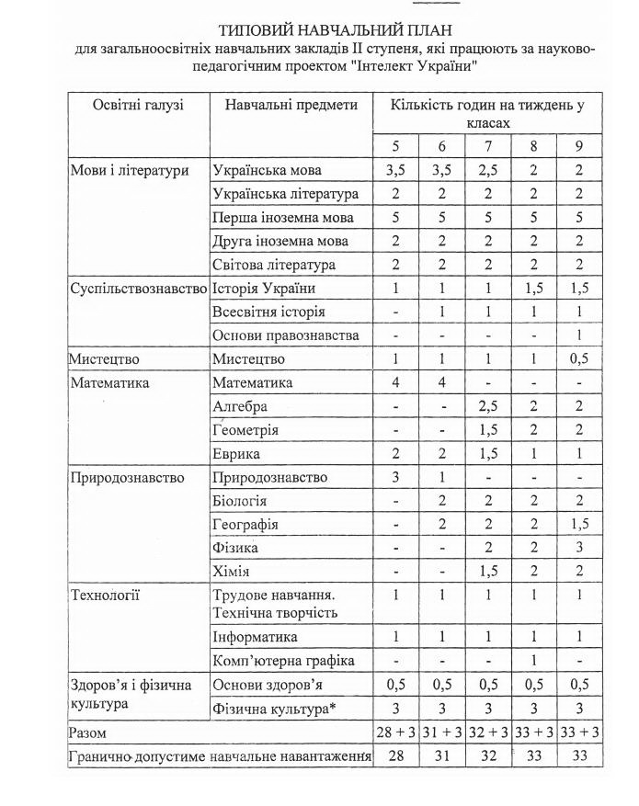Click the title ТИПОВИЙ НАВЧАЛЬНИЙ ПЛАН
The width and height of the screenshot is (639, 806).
[335, 31]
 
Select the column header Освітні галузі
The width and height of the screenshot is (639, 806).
[138, 106]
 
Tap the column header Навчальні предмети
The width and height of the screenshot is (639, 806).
[291, 106]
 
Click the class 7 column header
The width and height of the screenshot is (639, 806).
[488, 147]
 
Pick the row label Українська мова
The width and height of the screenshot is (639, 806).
[267, 171]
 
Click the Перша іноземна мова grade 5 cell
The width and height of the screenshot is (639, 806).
[395, 219]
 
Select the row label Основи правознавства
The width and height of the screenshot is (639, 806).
[286, 336]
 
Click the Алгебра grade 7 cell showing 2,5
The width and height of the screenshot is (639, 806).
[488, 407]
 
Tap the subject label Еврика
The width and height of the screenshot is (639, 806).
[236, 454]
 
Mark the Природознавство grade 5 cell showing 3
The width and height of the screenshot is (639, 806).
[395, 478]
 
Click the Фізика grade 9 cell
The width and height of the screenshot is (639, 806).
[579, 549]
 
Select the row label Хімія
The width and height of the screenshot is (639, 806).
[231, 572]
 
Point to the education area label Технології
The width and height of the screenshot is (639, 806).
[105, 596]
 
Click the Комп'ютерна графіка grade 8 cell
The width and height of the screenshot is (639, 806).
[534, 661]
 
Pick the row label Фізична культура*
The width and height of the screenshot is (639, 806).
[269, 709]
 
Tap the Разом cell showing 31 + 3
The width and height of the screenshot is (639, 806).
[441, 732]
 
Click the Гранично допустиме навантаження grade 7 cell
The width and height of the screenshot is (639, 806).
[488, 756]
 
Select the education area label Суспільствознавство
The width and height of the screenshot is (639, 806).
[139, 289]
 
